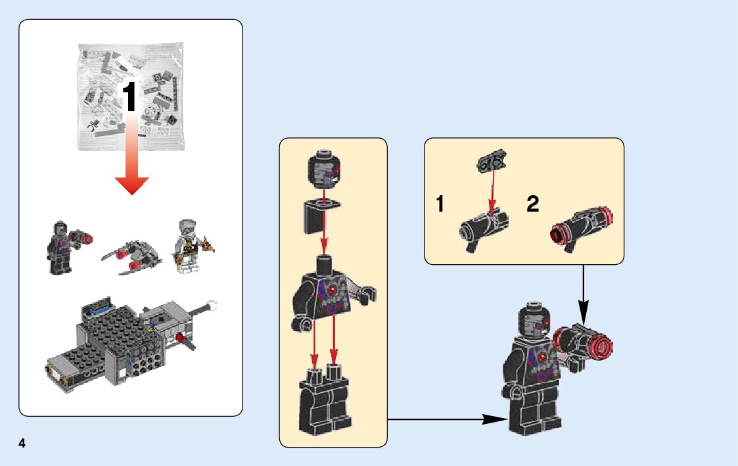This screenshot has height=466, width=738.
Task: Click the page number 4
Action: tap(22, 444)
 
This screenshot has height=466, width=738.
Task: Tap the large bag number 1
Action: tap(130, 97)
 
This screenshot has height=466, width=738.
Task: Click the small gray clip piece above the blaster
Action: tap(491, 161)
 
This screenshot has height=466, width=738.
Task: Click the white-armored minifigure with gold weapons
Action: tap(188, 246)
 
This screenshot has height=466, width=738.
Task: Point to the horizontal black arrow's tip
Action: tap(503, 419)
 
